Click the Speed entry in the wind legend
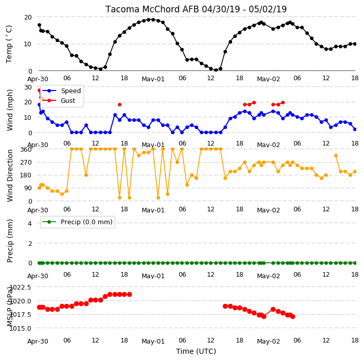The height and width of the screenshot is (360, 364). coord(71,91)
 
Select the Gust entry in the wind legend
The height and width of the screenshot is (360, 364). coord(68,100)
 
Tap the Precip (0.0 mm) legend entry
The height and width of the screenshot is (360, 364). coord(86,222)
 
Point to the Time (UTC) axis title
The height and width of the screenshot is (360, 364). coord(196,351)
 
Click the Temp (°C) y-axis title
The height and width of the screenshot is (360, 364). coord(9,44)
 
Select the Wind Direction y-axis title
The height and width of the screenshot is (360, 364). coord(10,175)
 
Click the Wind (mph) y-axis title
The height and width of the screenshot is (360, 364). coord(10,110)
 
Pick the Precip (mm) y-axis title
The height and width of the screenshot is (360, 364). coord(10,241)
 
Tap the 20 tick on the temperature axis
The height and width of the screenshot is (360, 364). coord(28,17)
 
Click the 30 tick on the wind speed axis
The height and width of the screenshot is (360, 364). coord(28,87)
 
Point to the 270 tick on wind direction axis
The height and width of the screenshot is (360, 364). coord(26,162)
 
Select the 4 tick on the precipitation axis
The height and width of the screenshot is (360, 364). coord(30,223)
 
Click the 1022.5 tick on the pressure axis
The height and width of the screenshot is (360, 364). coord(21,287)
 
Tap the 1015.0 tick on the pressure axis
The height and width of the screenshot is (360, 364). coord(21,328)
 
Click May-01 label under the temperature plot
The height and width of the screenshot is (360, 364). coord(153,79)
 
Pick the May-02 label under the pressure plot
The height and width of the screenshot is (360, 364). coord(268,341)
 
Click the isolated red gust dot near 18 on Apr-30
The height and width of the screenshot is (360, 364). coord(119,104)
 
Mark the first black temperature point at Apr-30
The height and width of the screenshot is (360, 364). coord(39,25)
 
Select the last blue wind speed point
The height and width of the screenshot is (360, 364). coord(355,130)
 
